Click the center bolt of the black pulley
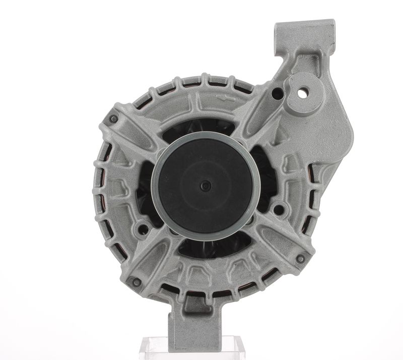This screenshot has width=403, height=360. (x=205, y=186)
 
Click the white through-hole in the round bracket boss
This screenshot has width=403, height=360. (x=303, y=93)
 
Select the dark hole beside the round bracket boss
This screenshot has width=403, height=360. (x=277, y=93)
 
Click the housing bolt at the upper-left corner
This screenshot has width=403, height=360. (x=113, y=119)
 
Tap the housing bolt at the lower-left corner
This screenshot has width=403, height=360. (x=134, y=281)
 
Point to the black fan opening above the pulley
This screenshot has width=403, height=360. (x=201, y=126)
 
